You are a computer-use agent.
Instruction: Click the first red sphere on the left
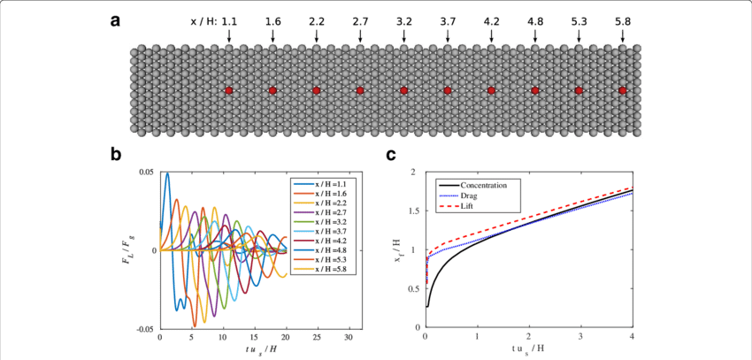(x=228, y=90)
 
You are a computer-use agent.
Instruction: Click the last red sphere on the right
(x=623, y=90)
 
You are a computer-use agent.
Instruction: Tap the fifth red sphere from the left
(x=403, y=90)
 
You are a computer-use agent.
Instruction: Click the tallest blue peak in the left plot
(x=166, y=174)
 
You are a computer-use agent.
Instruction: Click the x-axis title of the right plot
(x=529, y=350)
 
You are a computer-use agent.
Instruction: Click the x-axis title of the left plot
(x=255, y=350)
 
